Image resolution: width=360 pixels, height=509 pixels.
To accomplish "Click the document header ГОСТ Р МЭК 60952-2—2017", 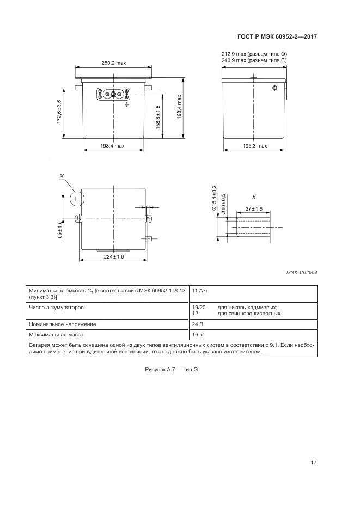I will pyautogui.click(x=277, y=37).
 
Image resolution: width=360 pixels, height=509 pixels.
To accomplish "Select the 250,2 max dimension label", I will pyautogui.click(x=113, y=63).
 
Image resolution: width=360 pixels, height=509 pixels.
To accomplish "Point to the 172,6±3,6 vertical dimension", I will pyautogui.click(x=59, y=112).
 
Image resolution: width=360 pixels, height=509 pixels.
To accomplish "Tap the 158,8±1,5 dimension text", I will pyautogui.click(x=158, y=118).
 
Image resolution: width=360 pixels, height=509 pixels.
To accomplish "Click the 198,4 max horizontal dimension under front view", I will pyautogui.click(x=113, y=146).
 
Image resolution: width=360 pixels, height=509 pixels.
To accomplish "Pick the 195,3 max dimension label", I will pyautogui.click(x=254, y=146).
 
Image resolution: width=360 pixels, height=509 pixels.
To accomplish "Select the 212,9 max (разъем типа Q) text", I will pyautogui.click(x=254, y=54).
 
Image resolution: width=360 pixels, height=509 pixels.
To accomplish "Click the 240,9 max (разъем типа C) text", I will pyautogui.click(x=254, y=60).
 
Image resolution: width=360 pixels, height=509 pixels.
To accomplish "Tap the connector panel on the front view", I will pyautogui.click(x=113, y=94).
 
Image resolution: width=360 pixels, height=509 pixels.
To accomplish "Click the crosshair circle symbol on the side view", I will pyautogui.click(x=274, y=88).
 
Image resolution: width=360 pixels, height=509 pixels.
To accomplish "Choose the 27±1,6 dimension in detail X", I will pyautogui.click(x=254, y=209).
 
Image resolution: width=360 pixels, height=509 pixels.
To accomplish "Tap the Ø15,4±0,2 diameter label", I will pyautogui.click(x=214, y=198).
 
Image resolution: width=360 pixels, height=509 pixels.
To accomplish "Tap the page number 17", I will pyautogui.click(x=313, y=463).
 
